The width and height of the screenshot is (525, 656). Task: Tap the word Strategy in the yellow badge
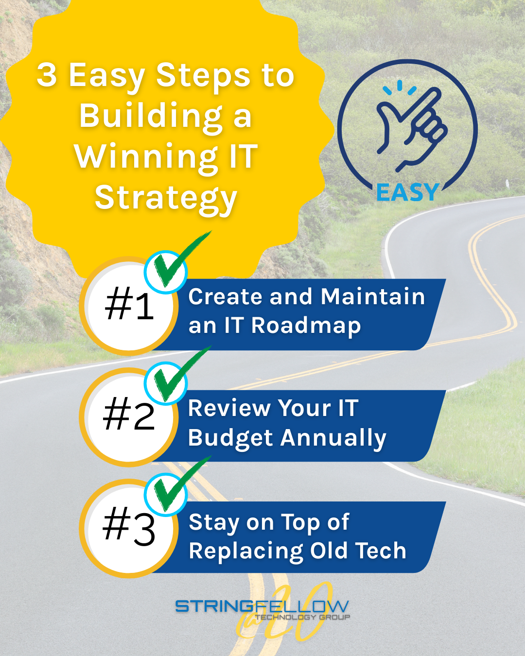(x=166, y=198)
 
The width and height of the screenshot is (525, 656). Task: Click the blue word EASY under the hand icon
(x=407, y=193)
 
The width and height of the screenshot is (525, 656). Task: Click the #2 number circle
(x=129, y=416)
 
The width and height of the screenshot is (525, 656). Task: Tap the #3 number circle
(x=129, y=528)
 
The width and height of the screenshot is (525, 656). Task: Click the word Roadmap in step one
(x=306, y=326)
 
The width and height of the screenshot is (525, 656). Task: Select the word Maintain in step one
(x=373, y=296)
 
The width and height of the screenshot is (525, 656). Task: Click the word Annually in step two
(x=335, y=438)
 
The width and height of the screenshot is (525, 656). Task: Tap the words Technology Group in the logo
(x=302, y=617)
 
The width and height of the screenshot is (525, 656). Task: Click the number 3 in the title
(x=47, y=75)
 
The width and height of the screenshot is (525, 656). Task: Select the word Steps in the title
(x=205, y=75)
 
